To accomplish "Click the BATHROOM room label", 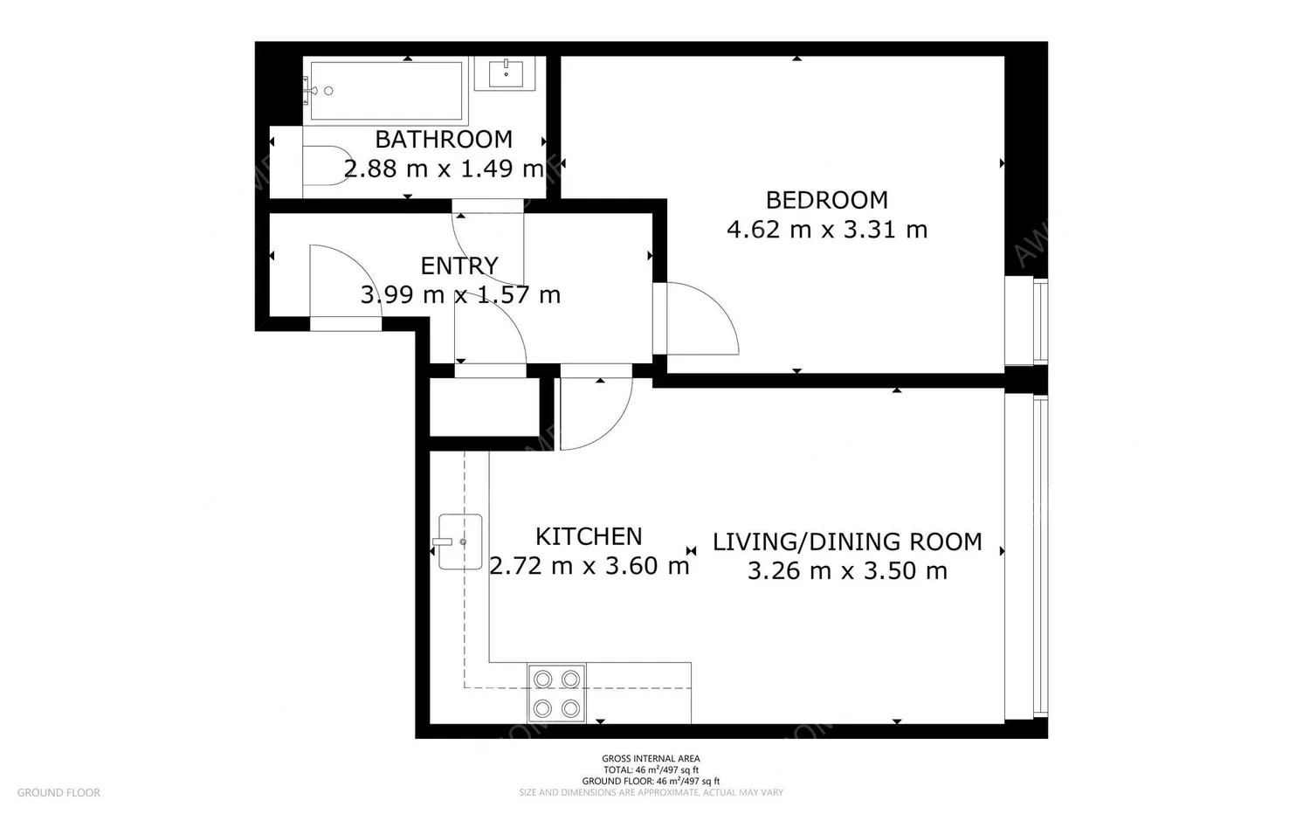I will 444,140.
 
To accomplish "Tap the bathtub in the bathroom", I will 386,91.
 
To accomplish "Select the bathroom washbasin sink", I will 506,73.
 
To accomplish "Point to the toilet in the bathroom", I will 325,166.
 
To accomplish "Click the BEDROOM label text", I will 826,200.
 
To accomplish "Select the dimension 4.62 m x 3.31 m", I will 826,230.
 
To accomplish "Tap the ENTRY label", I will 459,266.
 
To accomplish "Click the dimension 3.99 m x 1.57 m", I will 460,295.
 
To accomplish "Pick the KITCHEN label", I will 588,536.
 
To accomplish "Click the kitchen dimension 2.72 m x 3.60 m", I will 589,566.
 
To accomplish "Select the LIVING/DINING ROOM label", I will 847,542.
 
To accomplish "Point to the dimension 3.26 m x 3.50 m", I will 847,571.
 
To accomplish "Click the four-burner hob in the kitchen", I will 556,693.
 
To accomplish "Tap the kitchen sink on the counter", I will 460,542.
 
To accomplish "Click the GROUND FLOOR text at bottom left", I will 59,793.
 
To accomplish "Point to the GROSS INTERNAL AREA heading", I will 651,759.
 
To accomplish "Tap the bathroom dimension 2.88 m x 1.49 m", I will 444,169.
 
